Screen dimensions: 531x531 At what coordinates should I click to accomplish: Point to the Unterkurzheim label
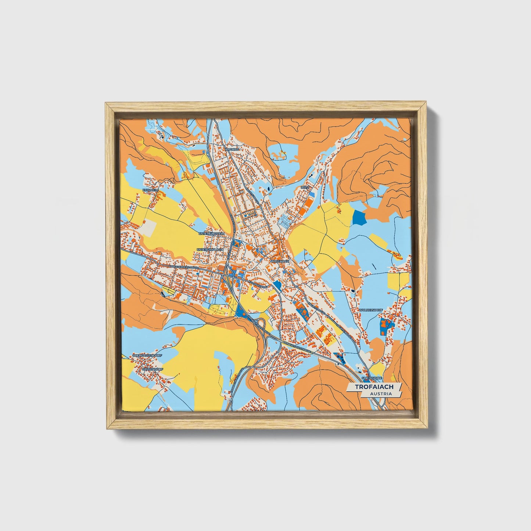coord(211,234)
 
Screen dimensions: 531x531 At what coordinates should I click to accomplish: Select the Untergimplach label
coord(210,250)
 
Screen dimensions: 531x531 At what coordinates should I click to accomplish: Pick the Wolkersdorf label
coord(371,310)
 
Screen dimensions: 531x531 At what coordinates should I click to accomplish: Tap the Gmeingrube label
coord(372,378)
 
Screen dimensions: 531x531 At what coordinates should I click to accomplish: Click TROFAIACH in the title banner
coord(374,387)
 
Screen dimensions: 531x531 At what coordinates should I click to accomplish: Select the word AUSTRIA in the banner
coord(381,394)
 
